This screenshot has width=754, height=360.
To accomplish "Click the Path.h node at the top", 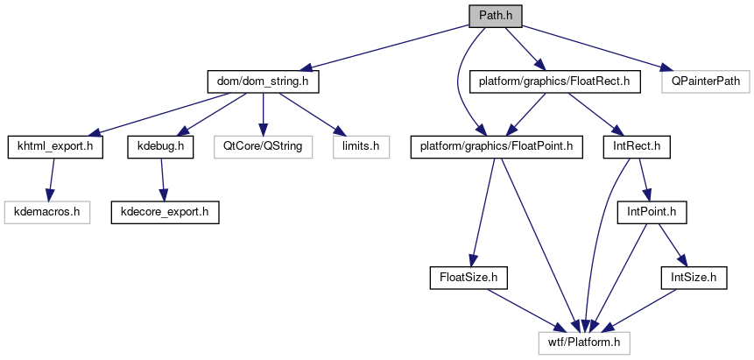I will click(496, 16).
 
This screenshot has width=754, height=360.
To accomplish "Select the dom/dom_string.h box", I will click(263, 81).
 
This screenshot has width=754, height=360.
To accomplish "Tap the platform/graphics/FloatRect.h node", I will click(555, 81).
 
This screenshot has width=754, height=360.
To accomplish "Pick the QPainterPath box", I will click(705, 81).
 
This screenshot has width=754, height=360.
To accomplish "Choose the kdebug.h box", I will click(159, 146).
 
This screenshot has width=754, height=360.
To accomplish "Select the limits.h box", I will click(359, 146).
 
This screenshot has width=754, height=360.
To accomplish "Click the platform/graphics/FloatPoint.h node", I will click(497, 146).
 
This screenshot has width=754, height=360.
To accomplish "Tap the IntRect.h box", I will click(637, 146).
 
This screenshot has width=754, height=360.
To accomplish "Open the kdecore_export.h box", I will click(164, 211).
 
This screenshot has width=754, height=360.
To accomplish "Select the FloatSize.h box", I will click(469, 277).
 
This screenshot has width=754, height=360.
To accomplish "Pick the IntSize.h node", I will click(693, 277).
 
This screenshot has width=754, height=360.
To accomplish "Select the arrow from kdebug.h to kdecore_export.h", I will click(161, 179).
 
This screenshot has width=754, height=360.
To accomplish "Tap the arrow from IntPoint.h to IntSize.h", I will click(672, 244).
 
